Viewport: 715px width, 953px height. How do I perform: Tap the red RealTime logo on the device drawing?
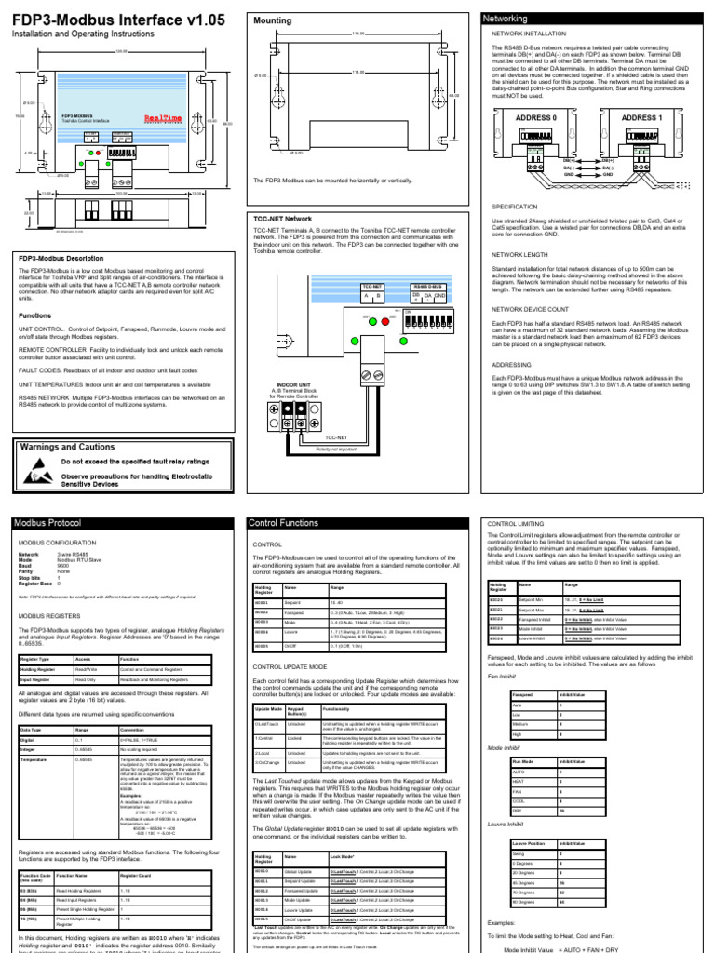click(164, 119)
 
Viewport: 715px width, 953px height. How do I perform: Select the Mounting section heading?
click(271, 19)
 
